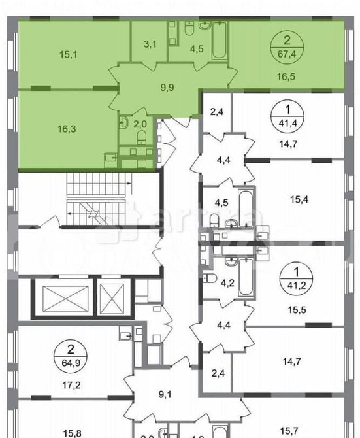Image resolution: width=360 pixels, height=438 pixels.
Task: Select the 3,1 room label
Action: [x=149, y=44]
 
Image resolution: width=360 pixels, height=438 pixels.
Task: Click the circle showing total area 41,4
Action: [x=287, y=122]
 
